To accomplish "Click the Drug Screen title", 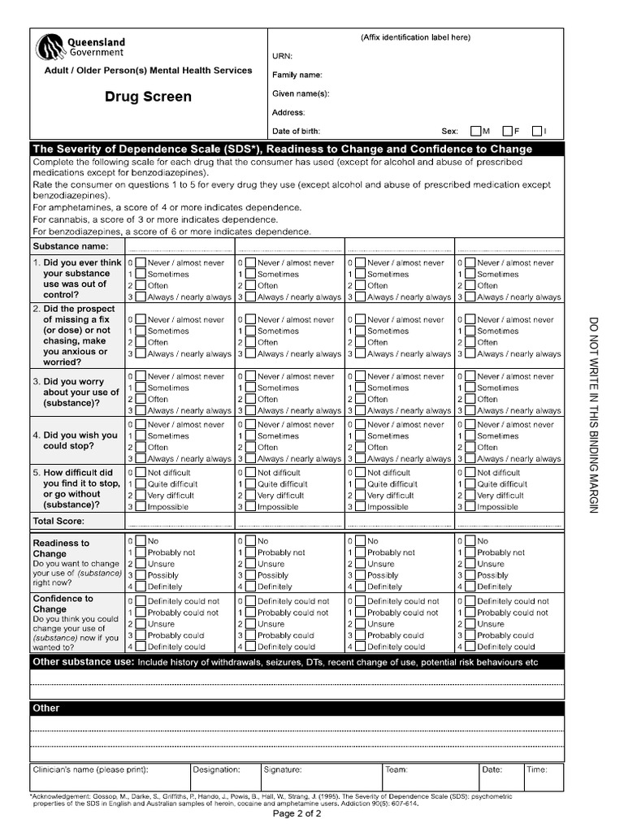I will pyautogui.click(x=148, y=97).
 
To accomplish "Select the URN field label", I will pyautogui.click(x=282, y=56).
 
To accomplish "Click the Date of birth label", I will pyautogui.click(x=296, y=131).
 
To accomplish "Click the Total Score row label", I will pyautogui.click(x=58, y=521).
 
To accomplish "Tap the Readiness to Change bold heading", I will pyautogui.click(x=61, y=548).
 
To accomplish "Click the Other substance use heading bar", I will pyautogui.click(x=297, y=662).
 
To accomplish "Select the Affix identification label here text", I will pyautogui.click(x=415, y=37).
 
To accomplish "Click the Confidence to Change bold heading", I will pyautogui.click(x=63, y=604).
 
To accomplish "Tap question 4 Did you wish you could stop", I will pyautogui.click(x=76, y=440).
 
